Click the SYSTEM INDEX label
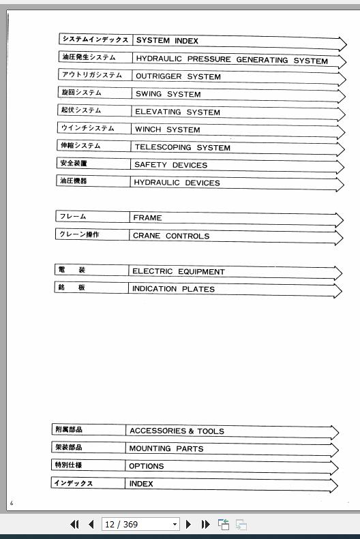click(167, 41)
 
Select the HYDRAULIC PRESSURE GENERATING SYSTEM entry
click(231, 60)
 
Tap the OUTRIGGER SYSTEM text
click(177, 77)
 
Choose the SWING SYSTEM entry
click(168, 95)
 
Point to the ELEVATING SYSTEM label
click(177, 112)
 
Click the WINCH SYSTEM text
click(167, 130)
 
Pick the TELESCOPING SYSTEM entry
click(182, 148)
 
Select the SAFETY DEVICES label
click(170, 165)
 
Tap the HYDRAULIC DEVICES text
click(177, 183)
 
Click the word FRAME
click(147, 218)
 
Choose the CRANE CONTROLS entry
click(171, 236)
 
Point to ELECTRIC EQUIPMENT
click(178, 272)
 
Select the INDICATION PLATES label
click(173, 290)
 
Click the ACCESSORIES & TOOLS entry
click(177, 431)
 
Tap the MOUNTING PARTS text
click(166, 449)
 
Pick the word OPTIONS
click(146, 467)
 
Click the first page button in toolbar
click(74, 525)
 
